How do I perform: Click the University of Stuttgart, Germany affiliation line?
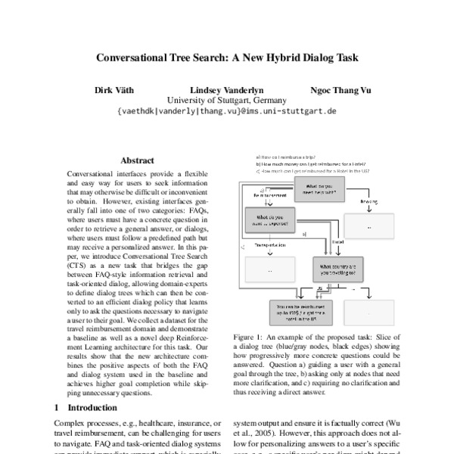(226, 100)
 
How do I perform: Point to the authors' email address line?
(226, 110)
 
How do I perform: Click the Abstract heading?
(137, 160)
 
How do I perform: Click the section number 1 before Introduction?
(57, 407)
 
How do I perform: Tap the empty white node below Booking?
(368, 225)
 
